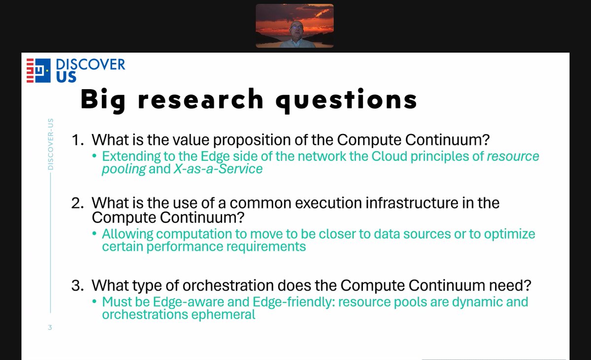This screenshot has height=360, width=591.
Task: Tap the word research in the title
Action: (x=200, y=99)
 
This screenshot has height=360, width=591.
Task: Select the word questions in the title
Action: (x=346, y=100)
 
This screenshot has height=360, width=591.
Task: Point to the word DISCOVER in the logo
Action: (x=91, y=65)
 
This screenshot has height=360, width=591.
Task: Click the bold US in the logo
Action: (x=66, y=77)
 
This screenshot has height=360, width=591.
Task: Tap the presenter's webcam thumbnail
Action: (x=295, y=26)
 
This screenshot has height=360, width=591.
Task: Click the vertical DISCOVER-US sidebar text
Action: (x=50, y=144)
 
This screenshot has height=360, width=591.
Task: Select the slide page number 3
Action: (x=50, y=327)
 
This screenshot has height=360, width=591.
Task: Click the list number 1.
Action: (x=77, y=140)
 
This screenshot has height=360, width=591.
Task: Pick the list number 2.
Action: (x=77, y=203)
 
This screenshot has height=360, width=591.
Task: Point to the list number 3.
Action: (x=77, y=286)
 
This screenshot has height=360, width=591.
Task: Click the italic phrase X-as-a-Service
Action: (x=218, y=169)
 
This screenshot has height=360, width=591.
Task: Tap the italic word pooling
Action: (x=124, y=169)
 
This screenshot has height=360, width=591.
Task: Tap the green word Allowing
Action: (x=128, y=234)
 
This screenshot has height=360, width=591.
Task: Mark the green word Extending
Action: (x=131, y=157)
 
